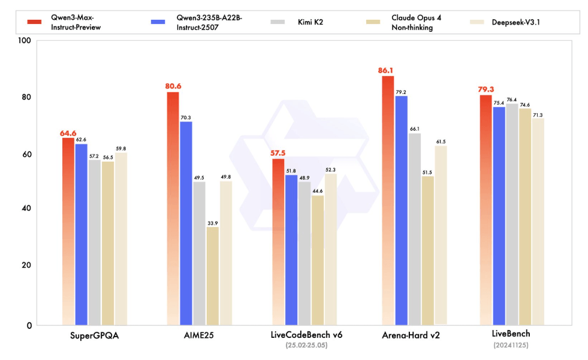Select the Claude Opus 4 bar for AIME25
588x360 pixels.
click(212, 276)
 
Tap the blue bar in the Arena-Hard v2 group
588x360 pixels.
click(402, 210)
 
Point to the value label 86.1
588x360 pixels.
click(387, 71)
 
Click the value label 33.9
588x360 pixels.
click(212, 222)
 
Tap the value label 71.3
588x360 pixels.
click(538, 114)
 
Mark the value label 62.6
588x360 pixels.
click(82, 140)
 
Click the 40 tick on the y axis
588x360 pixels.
click(26, 208)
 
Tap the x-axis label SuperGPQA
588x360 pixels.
click(95, 335)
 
